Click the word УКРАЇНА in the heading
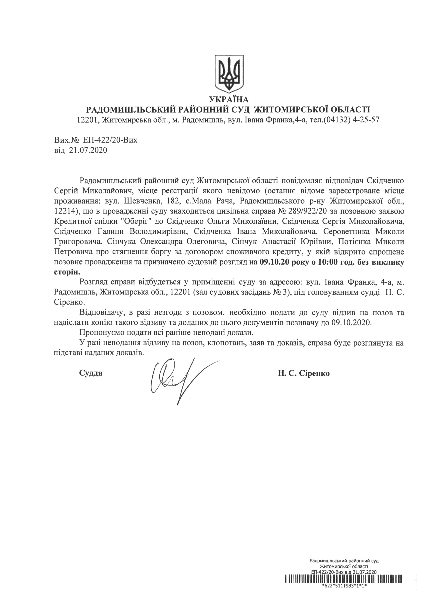(x=229, y=99)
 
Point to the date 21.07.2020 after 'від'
(x=88, y=150)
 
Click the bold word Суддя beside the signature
(x=91, y=373)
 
